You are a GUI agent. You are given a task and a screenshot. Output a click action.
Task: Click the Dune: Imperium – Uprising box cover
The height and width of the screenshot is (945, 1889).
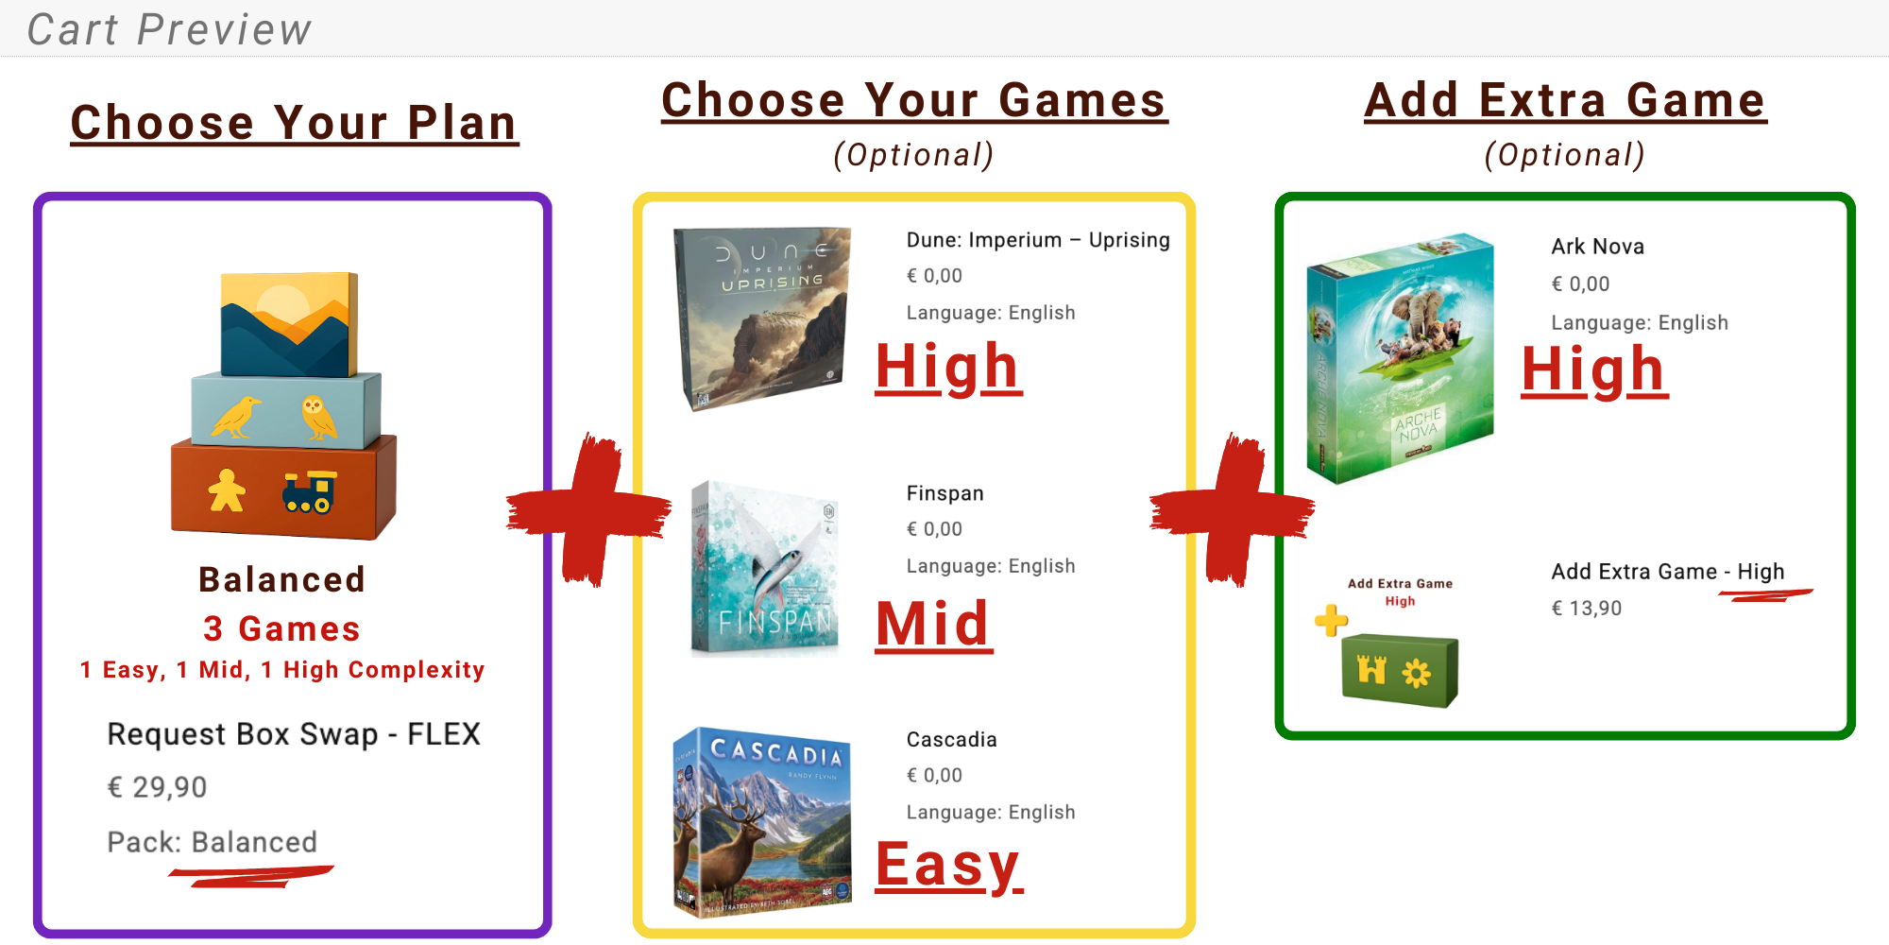(x=763, y=318)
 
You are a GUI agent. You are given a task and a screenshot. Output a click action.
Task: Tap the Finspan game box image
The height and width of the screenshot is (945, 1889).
(x=765, y=567)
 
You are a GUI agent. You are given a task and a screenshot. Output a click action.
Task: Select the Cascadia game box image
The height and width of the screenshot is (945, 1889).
(x=763, y=821)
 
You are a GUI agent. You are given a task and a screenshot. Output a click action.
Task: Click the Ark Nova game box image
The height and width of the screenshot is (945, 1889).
(x=1400, y=358)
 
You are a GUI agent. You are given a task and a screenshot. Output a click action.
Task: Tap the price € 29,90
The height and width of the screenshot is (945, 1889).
(x=157, y=787)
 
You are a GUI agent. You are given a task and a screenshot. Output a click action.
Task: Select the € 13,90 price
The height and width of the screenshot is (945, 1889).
(x=1587, y=609)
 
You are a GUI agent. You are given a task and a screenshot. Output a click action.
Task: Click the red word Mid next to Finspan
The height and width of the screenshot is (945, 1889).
(x=934, y=625)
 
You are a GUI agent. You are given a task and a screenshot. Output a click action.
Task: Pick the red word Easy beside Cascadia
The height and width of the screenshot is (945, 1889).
(x=949, y=865)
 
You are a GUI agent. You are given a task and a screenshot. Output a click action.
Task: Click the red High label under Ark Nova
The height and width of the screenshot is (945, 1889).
(x=1594, y=369)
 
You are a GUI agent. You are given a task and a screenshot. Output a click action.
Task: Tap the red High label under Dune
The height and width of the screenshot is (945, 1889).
(x=948, y=368)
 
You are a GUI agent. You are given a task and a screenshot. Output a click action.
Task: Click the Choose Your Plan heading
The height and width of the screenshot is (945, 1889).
(x=295, y=123)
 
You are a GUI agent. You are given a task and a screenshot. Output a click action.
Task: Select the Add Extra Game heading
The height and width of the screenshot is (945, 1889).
(x=1565, y=100)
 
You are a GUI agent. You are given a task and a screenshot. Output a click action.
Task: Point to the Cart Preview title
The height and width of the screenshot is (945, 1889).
(x=169, y=29)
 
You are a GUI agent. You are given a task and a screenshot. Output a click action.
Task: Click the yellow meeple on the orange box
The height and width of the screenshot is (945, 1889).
(x=227, y=490)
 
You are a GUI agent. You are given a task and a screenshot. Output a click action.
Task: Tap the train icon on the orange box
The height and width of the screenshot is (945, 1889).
(x=310, y=492)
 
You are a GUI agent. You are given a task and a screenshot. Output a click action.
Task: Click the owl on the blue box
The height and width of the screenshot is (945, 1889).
(x=318, y=417)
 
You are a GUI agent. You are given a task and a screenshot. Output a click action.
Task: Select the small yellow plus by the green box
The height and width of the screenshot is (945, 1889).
(x=1331, y=621)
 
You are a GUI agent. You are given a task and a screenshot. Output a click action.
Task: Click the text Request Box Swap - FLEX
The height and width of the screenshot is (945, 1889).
(x=294, y=734)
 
